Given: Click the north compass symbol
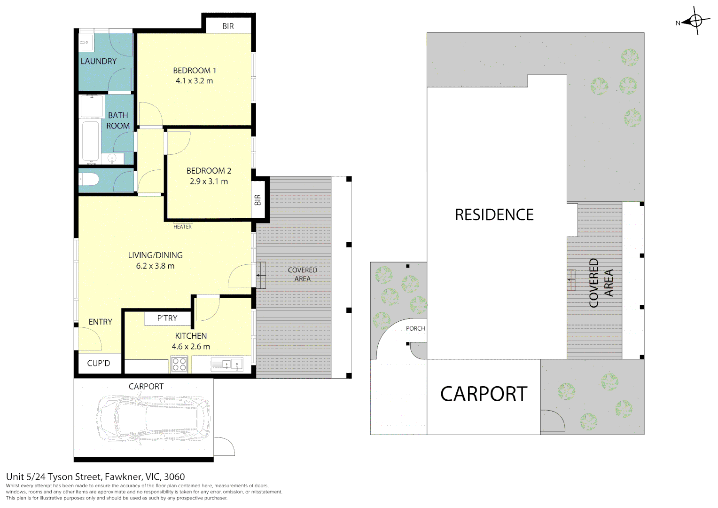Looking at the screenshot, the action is (695, 21).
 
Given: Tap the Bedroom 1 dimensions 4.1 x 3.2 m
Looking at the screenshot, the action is (194, 81).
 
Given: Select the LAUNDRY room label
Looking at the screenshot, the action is (98, 61).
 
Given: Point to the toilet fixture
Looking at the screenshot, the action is (89, 179).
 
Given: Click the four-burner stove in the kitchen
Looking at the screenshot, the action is (179, 365).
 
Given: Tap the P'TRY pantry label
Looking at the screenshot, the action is (167, 318).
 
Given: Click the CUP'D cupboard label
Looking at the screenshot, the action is (98, 363).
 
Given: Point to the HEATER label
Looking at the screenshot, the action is (182, 227).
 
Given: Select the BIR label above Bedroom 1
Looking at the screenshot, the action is (228, 26).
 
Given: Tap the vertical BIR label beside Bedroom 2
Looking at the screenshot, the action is (258, 200).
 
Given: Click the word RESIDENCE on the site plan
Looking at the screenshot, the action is (494, 214).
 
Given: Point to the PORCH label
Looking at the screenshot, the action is (415, 329).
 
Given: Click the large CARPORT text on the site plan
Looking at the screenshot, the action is (484, 394).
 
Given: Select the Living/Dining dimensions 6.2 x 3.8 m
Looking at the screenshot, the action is (155, 266).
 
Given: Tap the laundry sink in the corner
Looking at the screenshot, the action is (86, 42).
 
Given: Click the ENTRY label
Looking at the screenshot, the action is (101, 322).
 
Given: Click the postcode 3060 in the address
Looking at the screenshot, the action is (174, 477).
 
